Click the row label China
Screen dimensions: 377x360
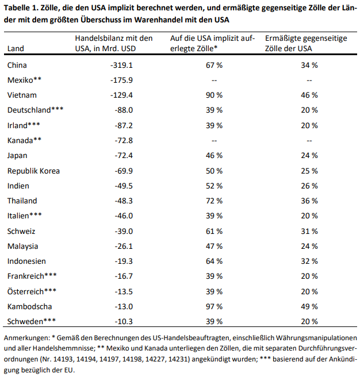pos(17,65)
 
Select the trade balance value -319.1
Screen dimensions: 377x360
pos(121,65)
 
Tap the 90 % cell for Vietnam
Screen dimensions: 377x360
pos(214,95)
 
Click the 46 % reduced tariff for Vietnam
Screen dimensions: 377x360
pos(309,95)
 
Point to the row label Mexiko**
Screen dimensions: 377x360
pos(25,80)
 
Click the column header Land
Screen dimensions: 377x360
pos(16,49)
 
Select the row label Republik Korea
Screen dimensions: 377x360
pos(33,170)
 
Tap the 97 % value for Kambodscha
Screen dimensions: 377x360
pos(214,306)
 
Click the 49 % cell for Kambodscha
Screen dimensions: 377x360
pos(309,306)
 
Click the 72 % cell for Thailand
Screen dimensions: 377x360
pos(214,201)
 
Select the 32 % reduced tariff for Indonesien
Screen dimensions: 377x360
pos(309,260)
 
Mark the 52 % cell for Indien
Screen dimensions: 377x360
pos(214,186)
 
